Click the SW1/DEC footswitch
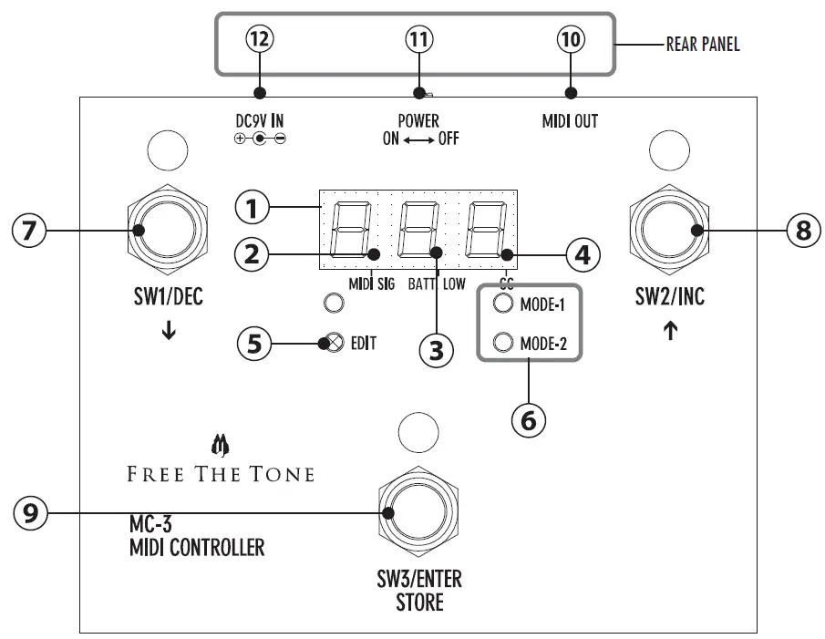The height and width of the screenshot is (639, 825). [x=170, y=230]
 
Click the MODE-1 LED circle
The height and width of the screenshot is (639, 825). [x=502, y=304]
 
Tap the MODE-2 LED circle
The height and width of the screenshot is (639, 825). [x=502, y=343]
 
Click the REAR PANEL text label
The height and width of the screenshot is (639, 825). [x=702, y=45]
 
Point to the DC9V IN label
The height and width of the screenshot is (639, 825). [x=259, y=120]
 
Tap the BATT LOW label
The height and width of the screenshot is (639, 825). [x=436, y=283]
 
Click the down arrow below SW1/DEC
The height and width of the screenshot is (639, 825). [x=169, y=332]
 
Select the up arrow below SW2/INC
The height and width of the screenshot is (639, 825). [x=670, y=332]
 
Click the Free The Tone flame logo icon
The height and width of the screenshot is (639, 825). [x=219, y=445]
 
